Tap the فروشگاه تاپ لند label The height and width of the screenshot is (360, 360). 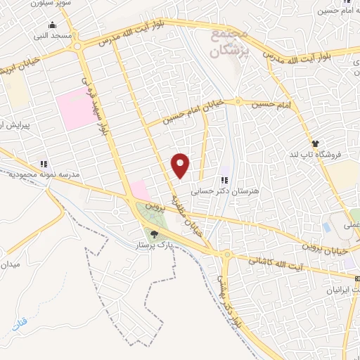316,155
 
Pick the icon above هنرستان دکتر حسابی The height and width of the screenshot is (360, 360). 225,180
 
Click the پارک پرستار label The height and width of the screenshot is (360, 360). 154,247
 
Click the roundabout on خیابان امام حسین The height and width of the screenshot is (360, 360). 238,103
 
